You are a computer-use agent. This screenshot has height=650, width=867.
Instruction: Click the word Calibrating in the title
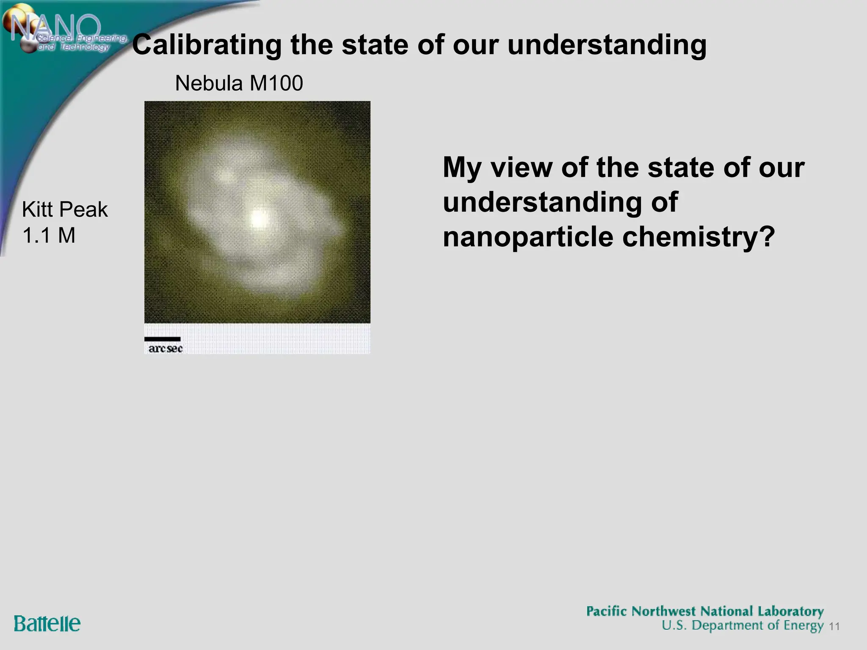[207, 45]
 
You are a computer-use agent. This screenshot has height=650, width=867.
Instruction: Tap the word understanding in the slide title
[607, 45]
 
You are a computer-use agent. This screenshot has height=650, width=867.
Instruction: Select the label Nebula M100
[239, 83]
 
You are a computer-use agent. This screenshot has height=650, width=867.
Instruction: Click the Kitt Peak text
[65, 209]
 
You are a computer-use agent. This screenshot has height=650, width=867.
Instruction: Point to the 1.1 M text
[49, 235]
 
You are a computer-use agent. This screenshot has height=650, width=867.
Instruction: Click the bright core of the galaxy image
[257, 218]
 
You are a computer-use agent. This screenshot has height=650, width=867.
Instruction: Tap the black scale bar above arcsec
[162, 339]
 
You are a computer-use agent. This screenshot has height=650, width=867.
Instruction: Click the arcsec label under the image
[165, 349]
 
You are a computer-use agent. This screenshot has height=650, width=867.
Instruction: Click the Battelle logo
[47, 624]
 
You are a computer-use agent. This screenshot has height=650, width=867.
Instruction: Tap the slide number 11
[834, 627]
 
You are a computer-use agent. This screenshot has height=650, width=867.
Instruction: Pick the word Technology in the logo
[84, 47]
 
